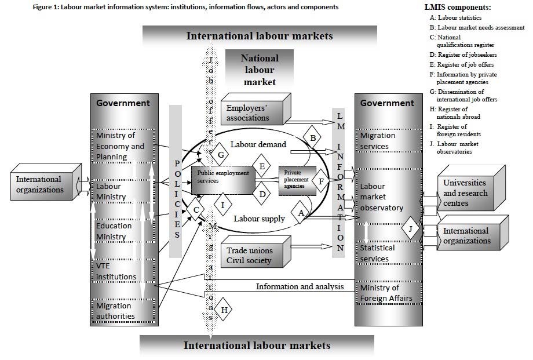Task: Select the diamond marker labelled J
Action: pyautogui.click(x=410, y=229)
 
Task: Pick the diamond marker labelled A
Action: pyautogui.click(x=300, y=213)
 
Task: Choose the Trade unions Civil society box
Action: pyautogui.click(x=254, y=255)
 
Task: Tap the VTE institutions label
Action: pyautogui.click(x=115, y=271)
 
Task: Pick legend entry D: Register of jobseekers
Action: pyautogui.click(x=462, y=54)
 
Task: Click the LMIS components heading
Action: pyautogui.click(x=458, y=8)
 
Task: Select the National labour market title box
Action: pyautogui.click(x=260, y=70)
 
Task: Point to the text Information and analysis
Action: pyautogui.click(x=300, y=286)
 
